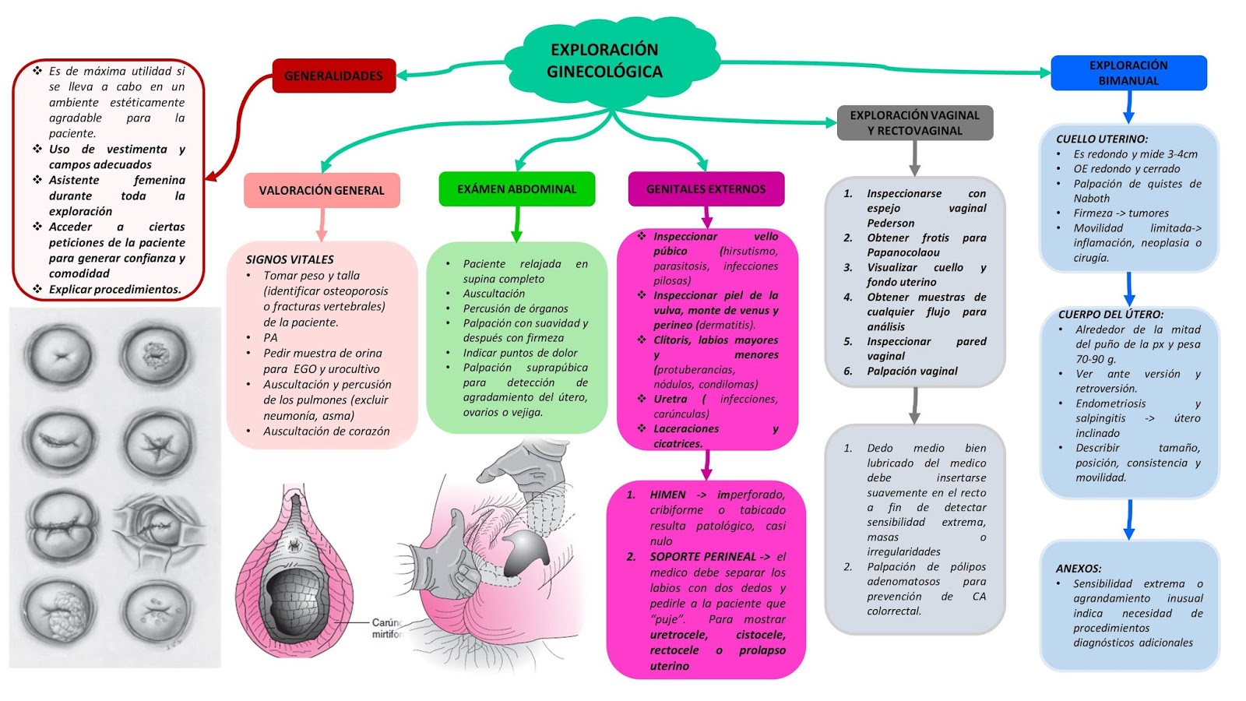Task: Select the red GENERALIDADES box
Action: pyautogui.click(x=333, y=76)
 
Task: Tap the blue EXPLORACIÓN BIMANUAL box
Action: pyautogui.click(x=1128, y=73)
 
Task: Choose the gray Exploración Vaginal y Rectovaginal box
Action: pyautogui.click(x=914, y=123)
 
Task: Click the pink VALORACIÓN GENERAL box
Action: pyautogui.click(x=322, y=190)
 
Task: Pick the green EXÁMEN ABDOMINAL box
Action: pyautogui.click(x=516, y=189)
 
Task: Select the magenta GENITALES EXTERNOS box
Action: pyautogui.click(x=706, y=189)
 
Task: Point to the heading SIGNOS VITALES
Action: pyautogui.click(x=290, y=259)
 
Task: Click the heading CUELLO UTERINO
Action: pyautogui.click(x=1101, y=139)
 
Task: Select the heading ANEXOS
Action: pyautogui.click(x=1079, y=569)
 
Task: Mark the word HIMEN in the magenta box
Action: pyautogui.click(x=667, y=495)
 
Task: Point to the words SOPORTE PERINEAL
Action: pyautogui.click(x=703, y=557)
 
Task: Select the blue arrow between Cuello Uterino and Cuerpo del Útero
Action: pyautogui.click(x=1129, y=288)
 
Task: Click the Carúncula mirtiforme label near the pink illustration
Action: pyautogui.click(x=385, y=629)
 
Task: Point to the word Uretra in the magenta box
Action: pyautogui.click(x=670, y=399)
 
